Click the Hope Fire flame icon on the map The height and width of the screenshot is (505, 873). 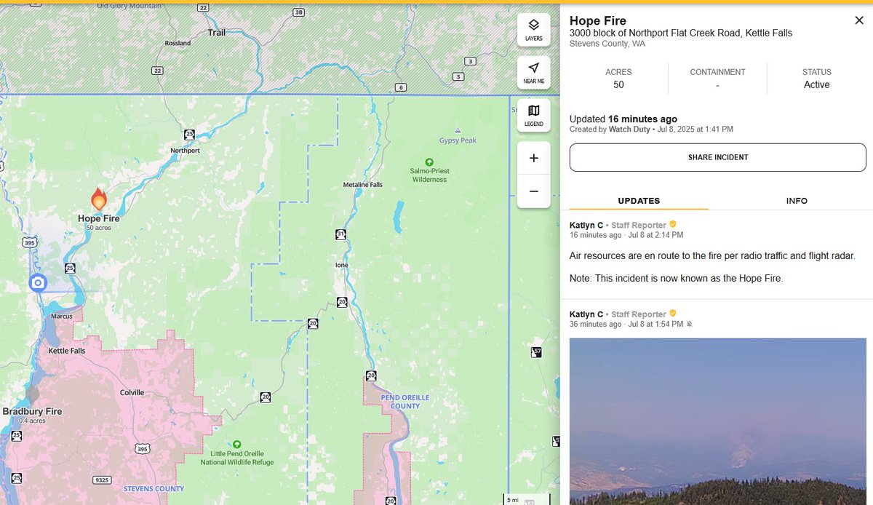[99, 199]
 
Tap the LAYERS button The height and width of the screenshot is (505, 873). [534, 29]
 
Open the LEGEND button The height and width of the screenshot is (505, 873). [534, 115]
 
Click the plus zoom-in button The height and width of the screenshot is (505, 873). [534, 158]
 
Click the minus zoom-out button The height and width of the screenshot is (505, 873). [534, 191]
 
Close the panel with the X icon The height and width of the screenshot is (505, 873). [859, 20]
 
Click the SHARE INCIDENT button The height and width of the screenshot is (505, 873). [717, 157]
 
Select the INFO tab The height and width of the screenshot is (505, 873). [797, 201]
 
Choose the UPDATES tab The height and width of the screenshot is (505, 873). [639, 201]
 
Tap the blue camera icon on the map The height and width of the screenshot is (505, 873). [38, 282]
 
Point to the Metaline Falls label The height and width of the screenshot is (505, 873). [362, 185]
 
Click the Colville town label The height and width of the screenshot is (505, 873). [132, 392]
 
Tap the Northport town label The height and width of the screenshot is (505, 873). [185, 151]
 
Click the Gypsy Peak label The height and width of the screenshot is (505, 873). [458, 140]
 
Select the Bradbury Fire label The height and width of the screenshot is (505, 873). [32, 411]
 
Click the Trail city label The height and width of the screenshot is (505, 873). [216, 33]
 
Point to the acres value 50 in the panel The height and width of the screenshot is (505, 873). [618, 85]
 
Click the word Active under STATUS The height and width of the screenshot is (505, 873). [816, 85]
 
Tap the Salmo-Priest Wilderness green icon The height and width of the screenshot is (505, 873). [429, 162]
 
